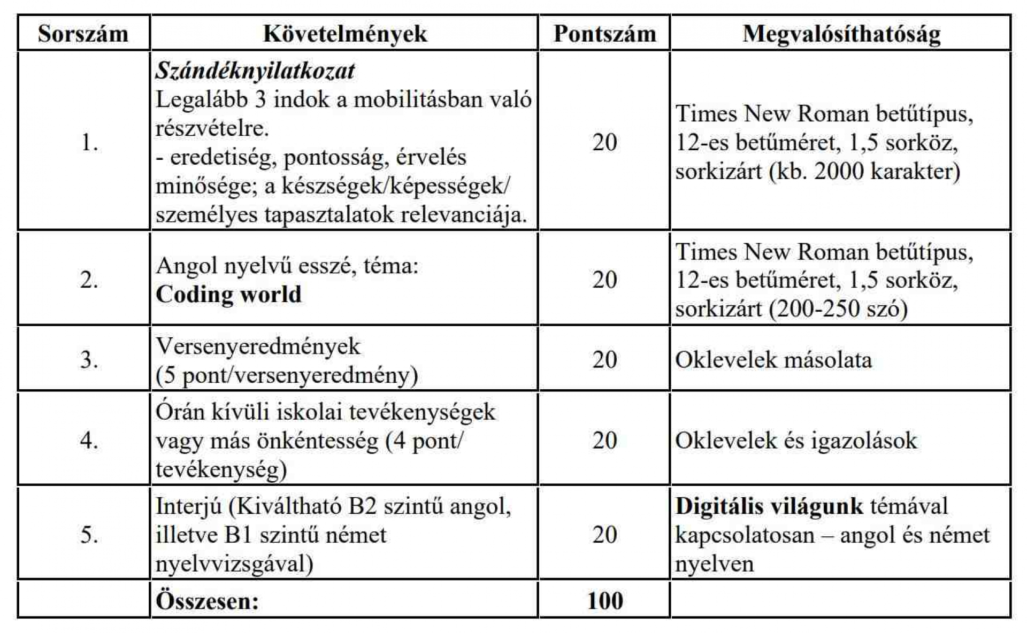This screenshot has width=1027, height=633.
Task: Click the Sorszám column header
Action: tap(83, 34)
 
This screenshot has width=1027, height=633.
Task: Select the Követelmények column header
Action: tap(345, 34)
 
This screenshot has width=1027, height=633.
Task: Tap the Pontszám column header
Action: tap(604, 34)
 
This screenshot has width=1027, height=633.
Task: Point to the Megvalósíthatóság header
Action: tap(841, 34)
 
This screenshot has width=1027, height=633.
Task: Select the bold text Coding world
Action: tap(228, 294)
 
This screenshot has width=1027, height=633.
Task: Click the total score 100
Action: tap(605, 600)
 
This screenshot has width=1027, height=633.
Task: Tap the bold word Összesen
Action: tap(207, 601)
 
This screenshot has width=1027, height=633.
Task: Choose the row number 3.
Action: tap(89, 360)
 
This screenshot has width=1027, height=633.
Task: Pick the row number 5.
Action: tap(89, 535)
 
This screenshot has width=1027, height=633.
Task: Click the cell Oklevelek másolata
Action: tap(773, 360)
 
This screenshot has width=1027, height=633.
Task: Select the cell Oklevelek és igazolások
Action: tap(796, 441)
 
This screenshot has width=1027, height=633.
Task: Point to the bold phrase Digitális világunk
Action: tap(769, 506)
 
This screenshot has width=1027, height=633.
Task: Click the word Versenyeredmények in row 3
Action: tap(258, 346)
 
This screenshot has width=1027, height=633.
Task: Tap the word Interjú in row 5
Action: tap(188, 506)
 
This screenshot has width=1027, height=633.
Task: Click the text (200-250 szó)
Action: tap(838, 309)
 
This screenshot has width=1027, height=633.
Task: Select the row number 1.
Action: tap(89, 143)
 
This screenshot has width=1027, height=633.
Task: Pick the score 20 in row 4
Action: tap(604, 441)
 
